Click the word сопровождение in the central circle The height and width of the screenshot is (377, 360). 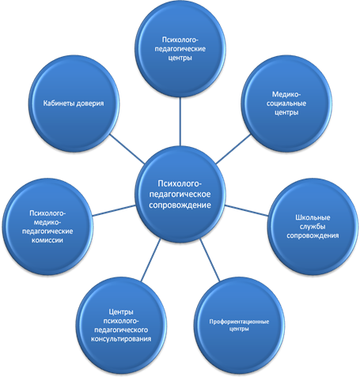click(180, 205)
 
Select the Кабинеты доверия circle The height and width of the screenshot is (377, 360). click(74, 104)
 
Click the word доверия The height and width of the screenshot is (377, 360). click(90, 104)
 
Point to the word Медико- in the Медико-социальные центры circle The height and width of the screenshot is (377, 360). click(286, 94)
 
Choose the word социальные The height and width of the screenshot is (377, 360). click(286, 104)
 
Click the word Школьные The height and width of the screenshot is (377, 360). click(313, 217)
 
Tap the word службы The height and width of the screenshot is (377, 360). click(313, 227)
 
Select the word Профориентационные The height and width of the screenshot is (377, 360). click(239, 322)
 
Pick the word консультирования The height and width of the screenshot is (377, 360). click(121, 339)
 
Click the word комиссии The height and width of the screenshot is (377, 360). click(47, 240)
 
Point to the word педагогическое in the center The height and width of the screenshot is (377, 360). click(180, 194)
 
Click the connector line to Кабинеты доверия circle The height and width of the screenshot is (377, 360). click(127, 149)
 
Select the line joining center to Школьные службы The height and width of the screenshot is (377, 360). click(247, 211)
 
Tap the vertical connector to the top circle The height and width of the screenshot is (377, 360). click(180, 122)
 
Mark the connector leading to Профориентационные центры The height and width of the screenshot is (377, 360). click(210, 260)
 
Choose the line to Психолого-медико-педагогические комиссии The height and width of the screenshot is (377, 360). click(114, 211)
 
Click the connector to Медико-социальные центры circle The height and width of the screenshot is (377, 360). click(233, 149)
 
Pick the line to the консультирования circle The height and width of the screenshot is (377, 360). click(150, 260)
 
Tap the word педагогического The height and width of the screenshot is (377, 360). click(121, 330)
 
